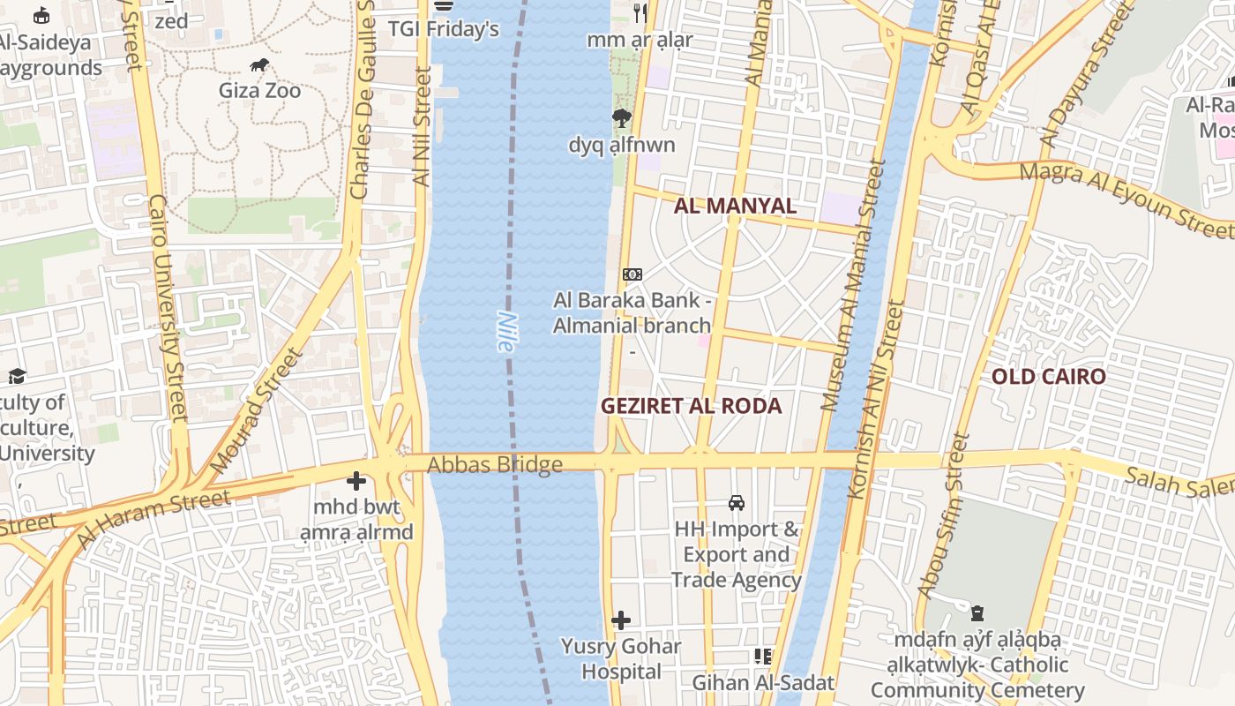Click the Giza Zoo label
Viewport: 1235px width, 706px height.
pos(259,90)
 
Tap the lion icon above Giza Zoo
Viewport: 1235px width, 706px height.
pos(259,64)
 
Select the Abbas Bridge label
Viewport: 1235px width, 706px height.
pos(495,464)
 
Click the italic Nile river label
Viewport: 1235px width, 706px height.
pos(505,332)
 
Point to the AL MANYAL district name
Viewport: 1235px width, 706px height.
pos(735,207)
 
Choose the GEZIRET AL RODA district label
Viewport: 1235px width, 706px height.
pos(692,406)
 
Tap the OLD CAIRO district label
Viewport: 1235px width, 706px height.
pos(1048,377)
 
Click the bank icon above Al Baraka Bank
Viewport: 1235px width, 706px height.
pos(632,274)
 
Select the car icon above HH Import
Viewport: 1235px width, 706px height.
pos(736,503)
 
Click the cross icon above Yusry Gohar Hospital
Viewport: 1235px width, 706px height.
pos(621,620)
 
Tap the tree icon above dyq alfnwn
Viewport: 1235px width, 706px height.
pos(622,118)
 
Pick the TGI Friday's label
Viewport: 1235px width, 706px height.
pos(444,29)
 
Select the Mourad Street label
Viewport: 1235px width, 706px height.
pos(257,410)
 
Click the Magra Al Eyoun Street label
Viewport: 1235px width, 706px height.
pos(1126,199)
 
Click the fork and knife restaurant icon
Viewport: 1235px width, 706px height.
pos(640,12)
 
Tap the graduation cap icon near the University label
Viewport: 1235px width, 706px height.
pos(16,377)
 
